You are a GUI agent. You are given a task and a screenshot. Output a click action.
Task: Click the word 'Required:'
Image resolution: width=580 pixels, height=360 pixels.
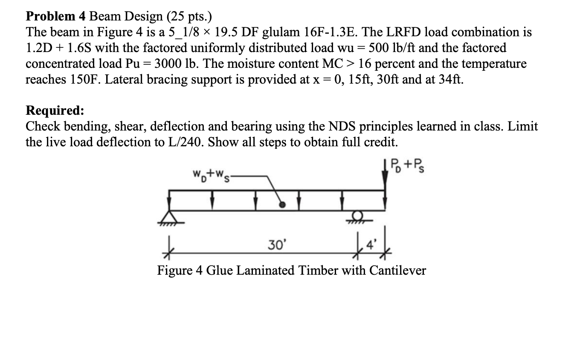(55, 110)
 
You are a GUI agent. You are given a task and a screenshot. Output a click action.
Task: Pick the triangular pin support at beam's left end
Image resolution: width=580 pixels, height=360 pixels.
(170, 217)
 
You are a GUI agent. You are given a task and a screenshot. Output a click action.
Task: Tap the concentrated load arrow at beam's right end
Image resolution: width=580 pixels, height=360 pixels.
(386, 179)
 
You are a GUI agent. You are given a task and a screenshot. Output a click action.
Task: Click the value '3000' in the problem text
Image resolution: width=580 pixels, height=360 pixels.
(170, 64)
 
